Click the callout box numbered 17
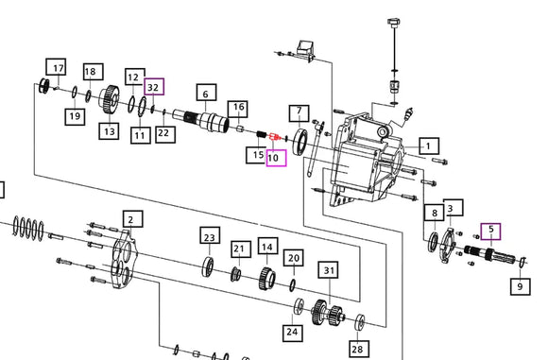56,67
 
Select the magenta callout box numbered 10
276,158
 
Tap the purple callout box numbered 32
154,87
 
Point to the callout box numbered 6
206,93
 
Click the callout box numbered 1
429,146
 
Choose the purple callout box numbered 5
491,231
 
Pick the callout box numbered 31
328,270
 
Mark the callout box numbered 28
358,349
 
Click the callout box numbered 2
133,219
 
